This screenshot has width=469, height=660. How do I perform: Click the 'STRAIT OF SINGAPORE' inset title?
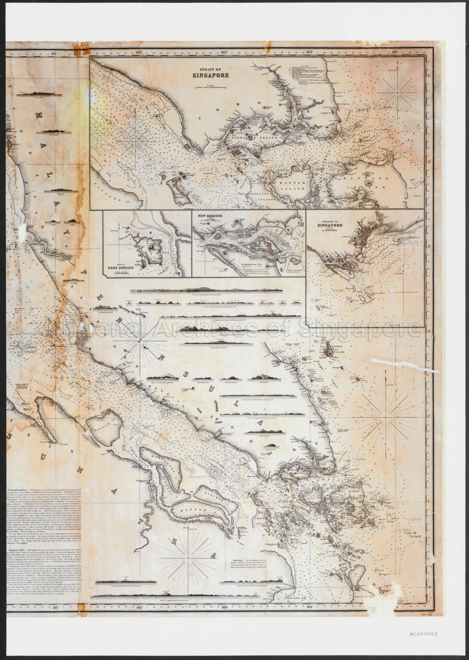211,73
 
